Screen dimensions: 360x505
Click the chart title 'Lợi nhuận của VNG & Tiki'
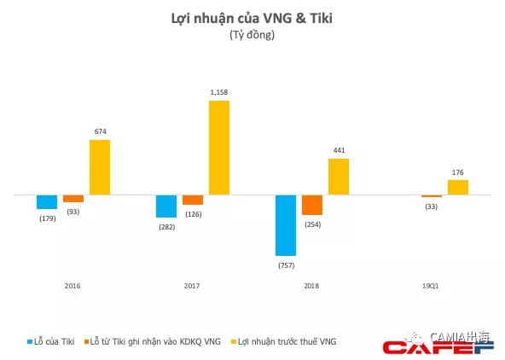click(252, 18)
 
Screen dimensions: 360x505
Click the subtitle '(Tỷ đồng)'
click(252, 35)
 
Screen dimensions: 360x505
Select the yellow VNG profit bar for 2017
click(219, 148)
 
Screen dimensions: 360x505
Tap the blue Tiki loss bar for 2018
click(286, 225)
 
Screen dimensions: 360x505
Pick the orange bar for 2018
click(312, 205)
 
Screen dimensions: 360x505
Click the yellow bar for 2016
click(100, 167)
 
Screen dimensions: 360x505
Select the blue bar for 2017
click(166, 206)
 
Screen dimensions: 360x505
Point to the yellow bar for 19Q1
click(458, 187)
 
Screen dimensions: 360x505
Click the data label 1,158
click(219, 92)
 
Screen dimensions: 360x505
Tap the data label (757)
click(286, 264)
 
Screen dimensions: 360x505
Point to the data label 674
click(100, 131)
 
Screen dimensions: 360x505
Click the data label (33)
click(432, 206)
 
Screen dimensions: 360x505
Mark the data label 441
click(339, 150)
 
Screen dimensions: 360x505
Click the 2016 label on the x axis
click(73, 285)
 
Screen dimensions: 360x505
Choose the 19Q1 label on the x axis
click(432, 285)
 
